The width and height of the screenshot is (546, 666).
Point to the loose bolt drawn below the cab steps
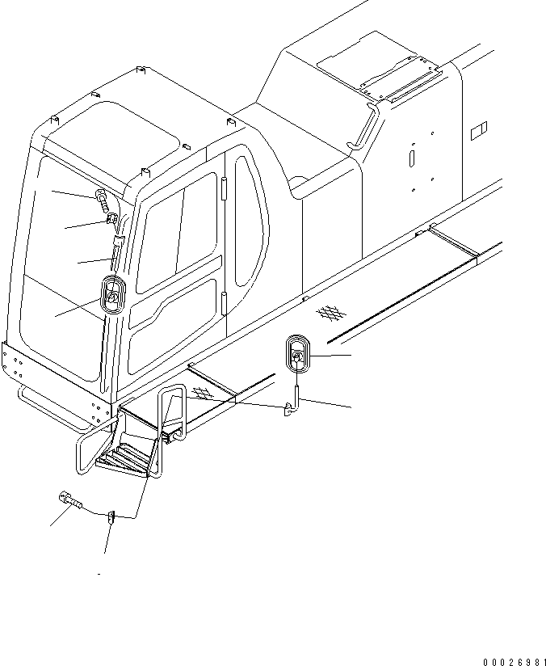[69, 502]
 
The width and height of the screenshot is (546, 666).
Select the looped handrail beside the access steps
[173, 416]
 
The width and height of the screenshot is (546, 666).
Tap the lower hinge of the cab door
[222, 306]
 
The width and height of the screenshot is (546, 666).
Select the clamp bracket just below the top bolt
[112, 219]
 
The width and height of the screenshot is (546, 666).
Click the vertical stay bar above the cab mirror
[115, 255]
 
